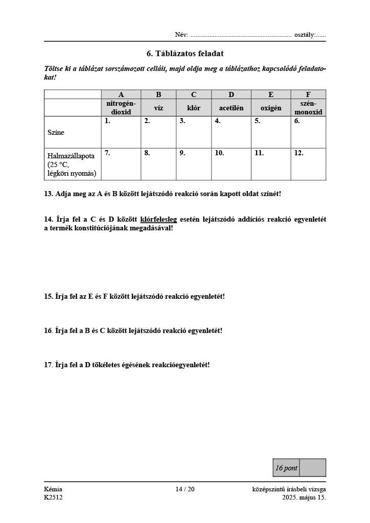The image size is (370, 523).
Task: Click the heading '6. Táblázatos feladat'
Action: tap(185, 53)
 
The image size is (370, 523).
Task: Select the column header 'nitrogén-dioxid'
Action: tap(121, 107)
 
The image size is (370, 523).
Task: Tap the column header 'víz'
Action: tap(158, 108)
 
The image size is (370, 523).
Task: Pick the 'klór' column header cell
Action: tap(194, 108)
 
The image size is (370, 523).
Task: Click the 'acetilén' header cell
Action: tap(231, 108)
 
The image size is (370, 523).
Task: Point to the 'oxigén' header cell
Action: tap(271, 108)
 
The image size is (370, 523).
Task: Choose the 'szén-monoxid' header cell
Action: tap(308, 107)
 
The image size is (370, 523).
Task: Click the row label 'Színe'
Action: tap(56, 132)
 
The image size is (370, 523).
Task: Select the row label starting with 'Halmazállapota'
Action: tap(72, 164)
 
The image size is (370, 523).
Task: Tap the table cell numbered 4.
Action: tap(231, 132)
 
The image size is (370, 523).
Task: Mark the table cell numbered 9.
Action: tap(194, 164)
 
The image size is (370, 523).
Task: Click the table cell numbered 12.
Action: tap(308, 164)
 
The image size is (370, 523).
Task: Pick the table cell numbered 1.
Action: tap(121, 132)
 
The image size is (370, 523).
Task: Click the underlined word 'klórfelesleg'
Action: tap(158, 220)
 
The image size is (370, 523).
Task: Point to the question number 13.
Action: tap(49, 194)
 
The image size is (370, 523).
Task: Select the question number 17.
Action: tap(49, 365)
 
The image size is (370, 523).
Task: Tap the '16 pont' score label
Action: tap(286, 468)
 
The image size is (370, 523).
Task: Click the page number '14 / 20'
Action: tap(185, 489)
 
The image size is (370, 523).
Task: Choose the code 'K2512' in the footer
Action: tap(53, 497)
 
